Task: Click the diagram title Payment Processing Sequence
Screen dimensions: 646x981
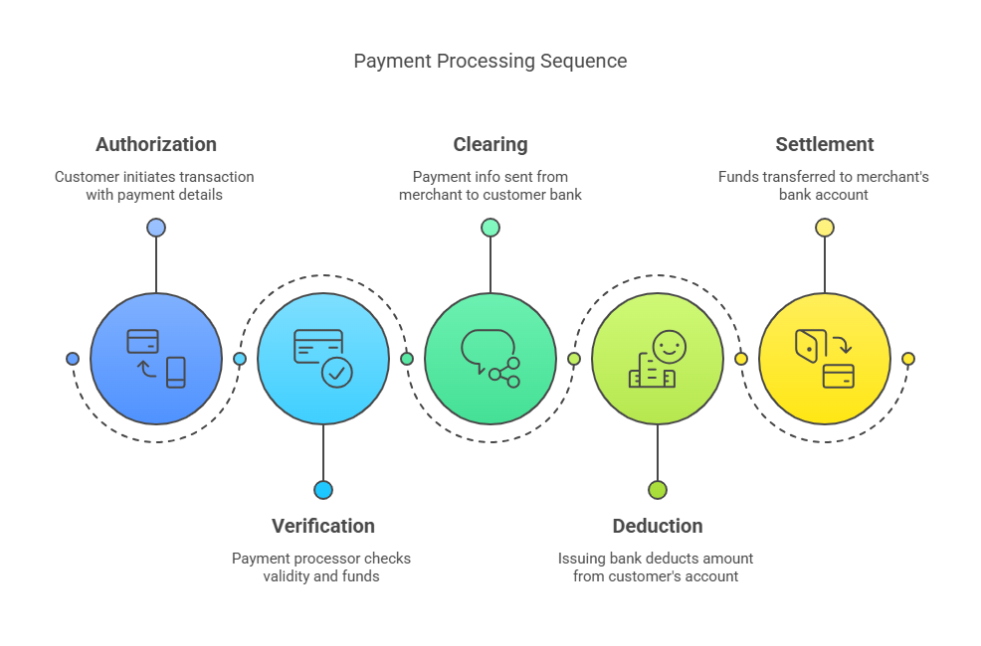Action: (490, 61)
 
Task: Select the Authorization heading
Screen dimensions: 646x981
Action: (156, 144)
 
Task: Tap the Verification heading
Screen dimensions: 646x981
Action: (322, 526)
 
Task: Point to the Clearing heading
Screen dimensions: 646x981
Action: (490, 144)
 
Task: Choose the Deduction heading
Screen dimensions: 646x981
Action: (657, 526)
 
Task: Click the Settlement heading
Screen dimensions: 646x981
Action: (824, 144)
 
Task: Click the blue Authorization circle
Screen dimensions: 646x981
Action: (156, 359)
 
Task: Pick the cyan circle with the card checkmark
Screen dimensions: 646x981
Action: (322, 359)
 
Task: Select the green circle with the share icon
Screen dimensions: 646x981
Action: (490, 359)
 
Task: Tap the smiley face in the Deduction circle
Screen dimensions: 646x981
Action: (670, 347)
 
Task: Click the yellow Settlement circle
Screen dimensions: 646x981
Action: (824, 359)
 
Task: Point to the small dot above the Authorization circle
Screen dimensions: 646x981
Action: (156, 228)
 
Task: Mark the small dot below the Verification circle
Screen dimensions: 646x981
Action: (322, 490)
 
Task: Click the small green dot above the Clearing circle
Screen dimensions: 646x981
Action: (490, 228)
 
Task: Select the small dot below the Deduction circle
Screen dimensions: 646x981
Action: (657, 490)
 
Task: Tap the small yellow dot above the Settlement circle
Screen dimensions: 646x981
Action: (824, 228)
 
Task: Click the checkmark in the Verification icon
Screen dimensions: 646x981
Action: (337, 373)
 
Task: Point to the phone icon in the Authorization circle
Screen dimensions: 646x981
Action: (176, 372)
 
